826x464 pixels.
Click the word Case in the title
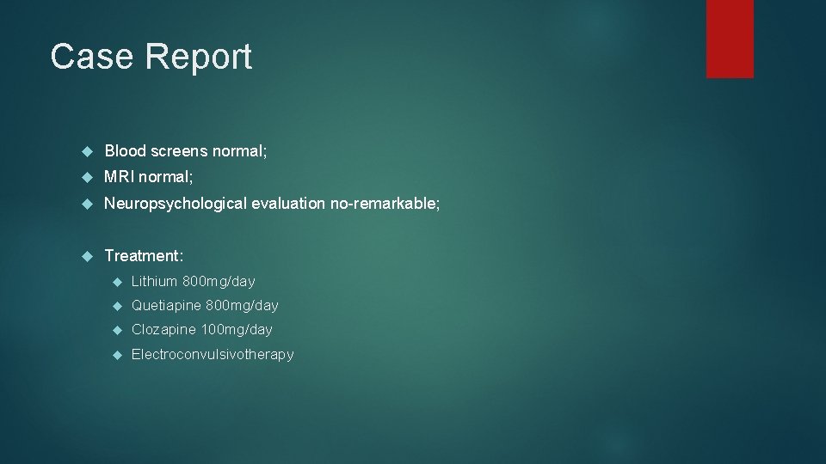[90, 57]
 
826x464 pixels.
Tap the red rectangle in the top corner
[730, 39]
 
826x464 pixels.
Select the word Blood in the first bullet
[126, 151]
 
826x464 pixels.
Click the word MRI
[120, 177]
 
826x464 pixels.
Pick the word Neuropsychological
[176, 204]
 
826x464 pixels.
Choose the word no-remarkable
[385, 204]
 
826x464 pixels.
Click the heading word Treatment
[143, 255]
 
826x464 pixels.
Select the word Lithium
[154, 281]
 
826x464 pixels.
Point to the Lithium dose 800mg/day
[219, 281]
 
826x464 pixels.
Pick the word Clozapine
[163, 329]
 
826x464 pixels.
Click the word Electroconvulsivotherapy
[213, 354]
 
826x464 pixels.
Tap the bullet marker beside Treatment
[86, 256]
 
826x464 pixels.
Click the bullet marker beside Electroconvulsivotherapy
[117, 355]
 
